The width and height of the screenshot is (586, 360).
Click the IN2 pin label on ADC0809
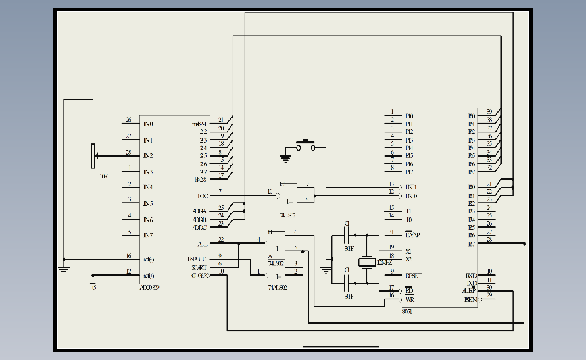point(148,155)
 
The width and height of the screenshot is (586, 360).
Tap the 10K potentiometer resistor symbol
point(93,156)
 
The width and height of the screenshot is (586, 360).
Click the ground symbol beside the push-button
point(285,159)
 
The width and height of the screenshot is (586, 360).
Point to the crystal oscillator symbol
point(366,262)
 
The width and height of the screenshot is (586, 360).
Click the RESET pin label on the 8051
point(413,276)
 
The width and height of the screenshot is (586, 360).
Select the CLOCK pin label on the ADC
point(200,275)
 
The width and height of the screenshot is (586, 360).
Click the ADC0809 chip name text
point(149,287)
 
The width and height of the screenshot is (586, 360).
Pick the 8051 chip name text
point(407,311)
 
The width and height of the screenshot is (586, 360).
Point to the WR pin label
point(409,299)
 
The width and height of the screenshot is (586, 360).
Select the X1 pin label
point(408,251)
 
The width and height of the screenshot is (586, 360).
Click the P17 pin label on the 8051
point(409,172)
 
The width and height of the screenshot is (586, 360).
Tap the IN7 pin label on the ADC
point(148,235)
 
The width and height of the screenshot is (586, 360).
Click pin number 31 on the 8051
point(391,232)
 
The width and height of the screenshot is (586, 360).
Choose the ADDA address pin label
point(199,211)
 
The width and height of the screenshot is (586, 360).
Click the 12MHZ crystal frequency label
point(385,261)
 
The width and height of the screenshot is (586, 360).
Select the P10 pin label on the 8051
point(409,116)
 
